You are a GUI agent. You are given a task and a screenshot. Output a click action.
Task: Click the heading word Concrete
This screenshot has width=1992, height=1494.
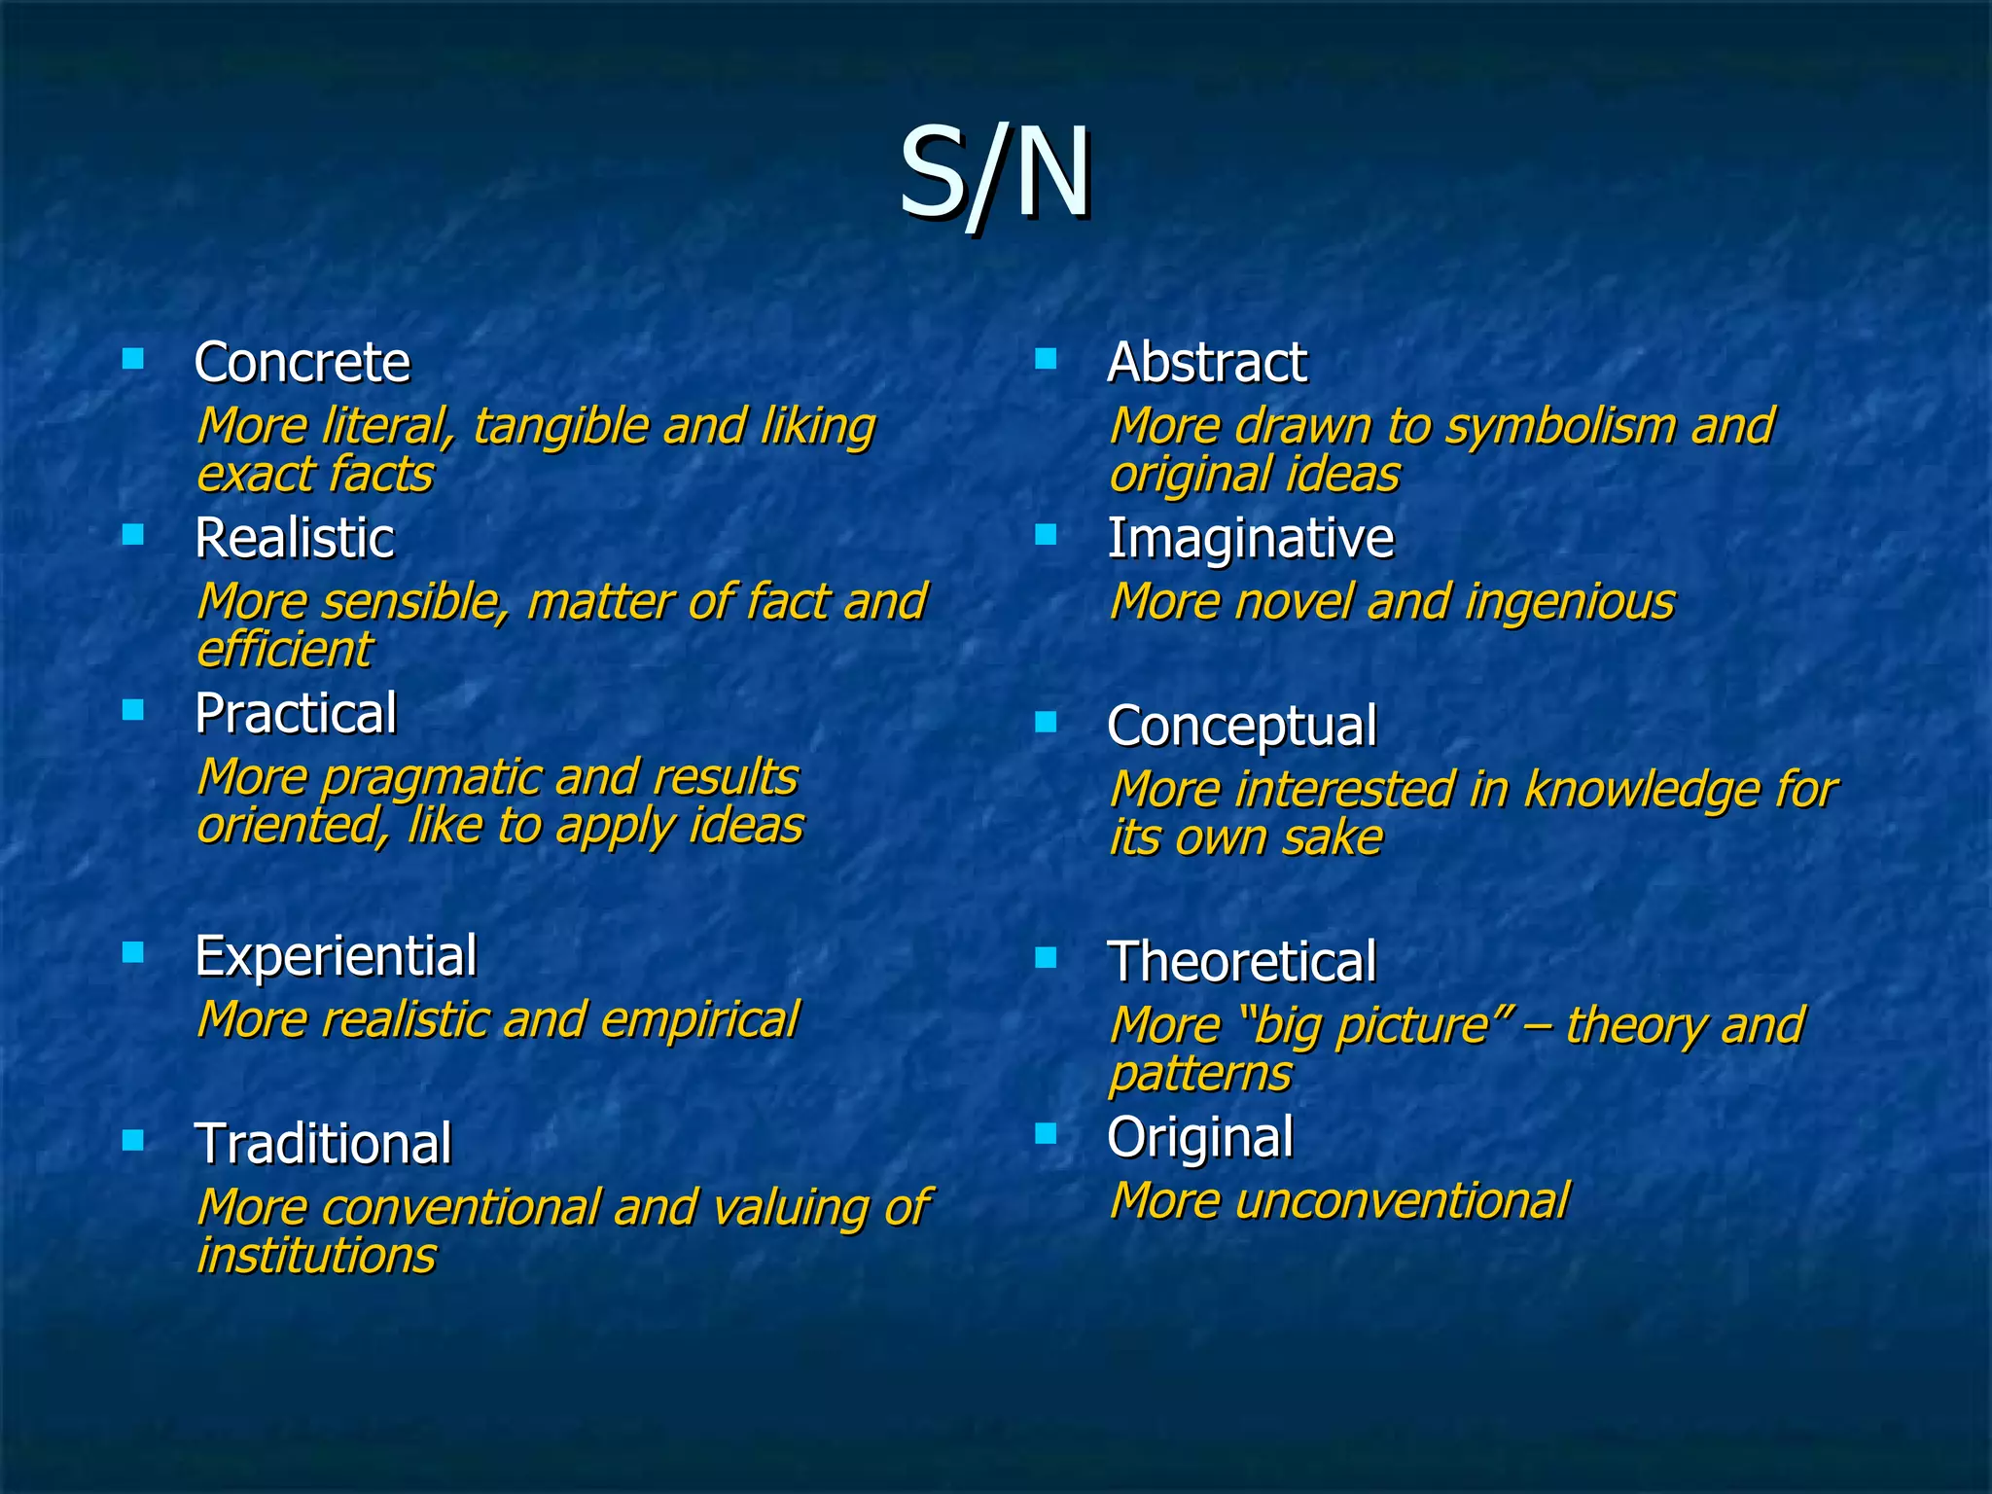tap(302, 363)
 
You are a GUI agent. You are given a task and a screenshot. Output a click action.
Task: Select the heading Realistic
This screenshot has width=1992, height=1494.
tap(295, 538)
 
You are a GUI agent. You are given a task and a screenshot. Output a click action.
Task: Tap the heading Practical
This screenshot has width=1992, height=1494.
tap(296, 713)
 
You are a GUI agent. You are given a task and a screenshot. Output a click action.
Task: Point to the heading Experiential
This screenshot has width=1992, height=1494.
tap(336, 955)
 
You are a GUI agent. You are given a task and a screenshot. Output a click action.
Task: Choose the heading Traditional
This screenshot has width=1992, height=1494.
tap(323, 1143)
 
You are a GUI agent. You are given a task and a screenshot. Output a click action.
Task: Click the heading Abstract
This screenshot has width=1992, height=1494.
tap(1207, 363)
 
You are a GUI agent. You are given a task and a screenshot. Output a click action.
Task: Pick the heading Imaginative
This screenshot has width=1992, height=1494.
tap(1251, 538)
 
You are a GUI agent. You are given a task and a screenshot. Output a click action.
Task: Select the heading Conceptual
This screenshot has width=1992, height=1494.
tap(1242, 727)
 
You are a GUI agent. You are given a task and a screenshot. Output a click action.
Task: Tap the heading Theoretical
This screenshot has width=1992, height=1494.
tap(1242, 962)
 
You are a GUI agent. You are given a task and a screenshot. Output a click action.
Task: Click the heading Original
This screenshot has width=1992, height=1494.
tap(1200, 1137)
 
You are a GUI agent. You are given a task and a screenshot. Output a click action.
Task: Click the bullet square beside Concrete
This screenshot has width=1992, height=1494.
tap(133, 360)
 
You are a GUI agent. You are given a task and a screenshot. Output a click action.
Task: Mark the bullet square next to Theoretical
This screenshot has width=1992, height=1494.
tap(1046, 958)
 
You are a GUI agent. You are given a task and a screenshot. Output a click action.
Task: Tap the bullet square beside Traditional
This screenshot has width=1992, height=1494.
tap(133, 1139)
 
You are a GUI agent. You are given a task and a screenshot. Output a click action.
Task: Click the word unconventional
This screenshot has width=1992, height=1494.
tap(1402, 1200)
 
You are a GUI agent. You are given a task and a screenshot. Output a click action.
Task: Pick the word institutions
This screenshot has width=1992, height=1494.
tap(316, 1255)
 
